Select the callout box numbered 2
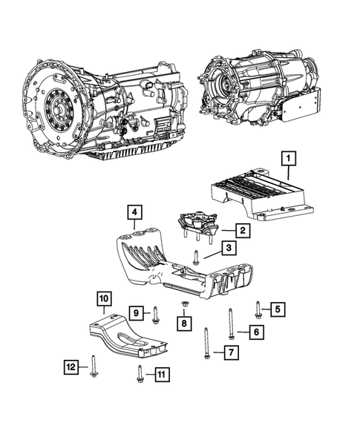pos(242,231)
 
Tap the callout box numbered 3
pos(230,249)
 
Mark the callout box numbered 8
pos(183,323)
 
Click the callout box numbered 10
pos(105,299)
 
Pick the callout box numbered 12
pos(71,365)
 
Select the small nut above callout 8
pos(183,305)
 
